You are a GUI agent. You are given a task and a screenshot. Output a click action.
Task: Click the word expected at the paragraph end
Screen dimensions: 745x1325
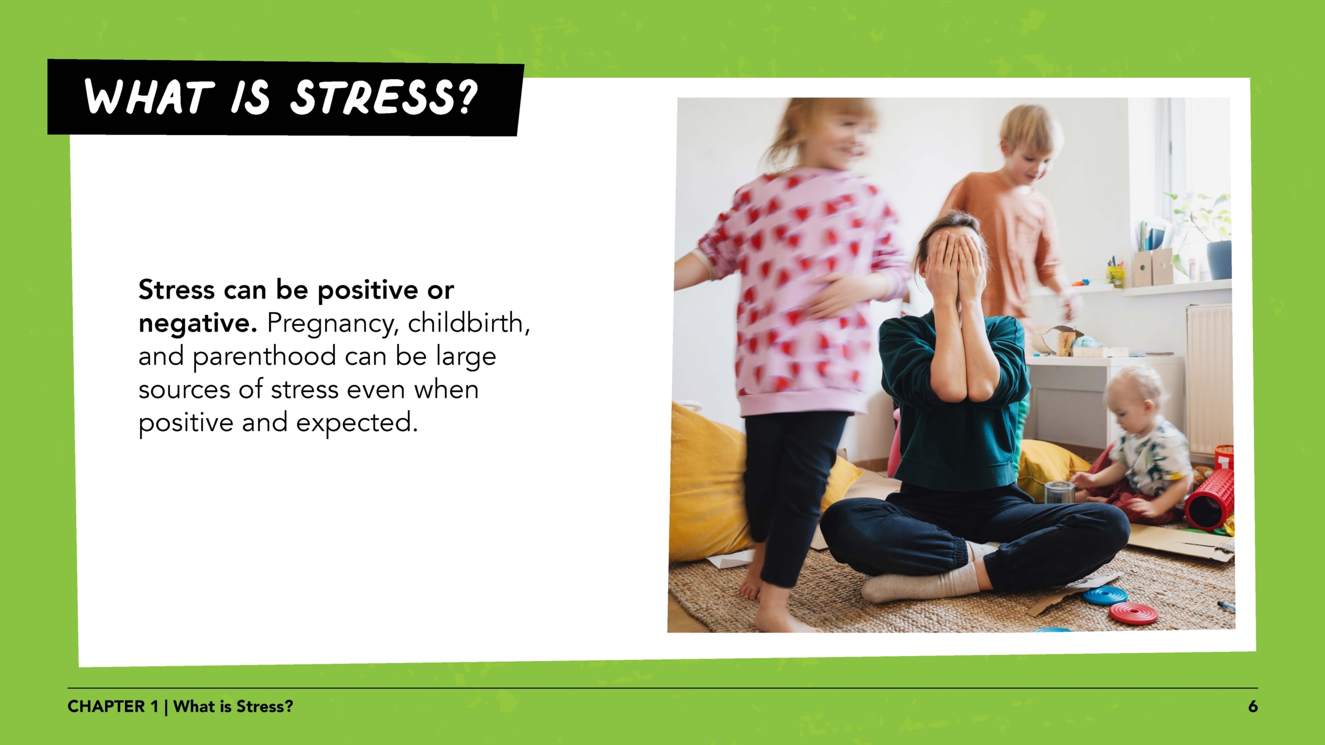point(357,423)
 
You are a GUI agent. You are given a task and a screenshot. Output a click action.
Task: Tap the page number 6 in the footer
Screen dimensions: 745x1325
point(1253,707)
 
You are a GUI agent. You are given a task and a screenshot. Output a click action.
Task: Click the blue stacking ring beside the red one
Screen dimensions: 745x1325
point(1105,595)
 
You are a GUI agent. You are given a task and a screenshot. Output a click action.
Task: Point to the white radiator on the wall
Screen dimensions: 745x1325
point(1209,378)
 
